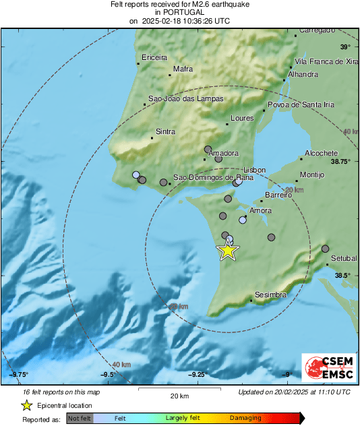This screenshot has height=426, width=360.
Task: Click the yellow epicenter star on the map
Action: (x=228, y=251)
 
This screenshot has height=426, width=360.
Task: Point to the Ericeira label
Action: (x=154, y=57)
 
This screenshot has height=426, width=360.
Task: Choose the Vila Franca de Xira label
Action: (x=323, y=62)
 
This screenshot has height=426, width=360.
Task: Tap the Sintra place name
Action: (x=165, y=131)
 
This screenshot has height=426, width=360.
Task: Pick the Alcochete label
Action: (x=320, y=153)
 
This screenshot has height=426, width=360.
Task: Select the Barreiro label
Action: (x=278, y=195)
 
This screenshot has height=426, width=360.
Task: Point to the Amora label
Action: (x=261, y=211)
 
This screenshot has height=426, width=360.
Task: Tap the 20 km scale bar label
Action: (x=179, y=395)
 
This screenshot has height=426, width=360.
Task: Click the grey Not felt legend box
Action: (x=80, y=419)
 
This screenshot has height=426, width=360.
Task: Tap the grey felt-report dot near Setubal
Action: (x=325, y=249)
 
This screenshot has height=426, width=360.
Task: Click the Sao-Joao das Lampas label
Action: (x=185, y=99)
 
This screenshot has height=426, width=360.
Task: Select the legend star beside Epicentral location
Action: (x=27, y=405)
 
